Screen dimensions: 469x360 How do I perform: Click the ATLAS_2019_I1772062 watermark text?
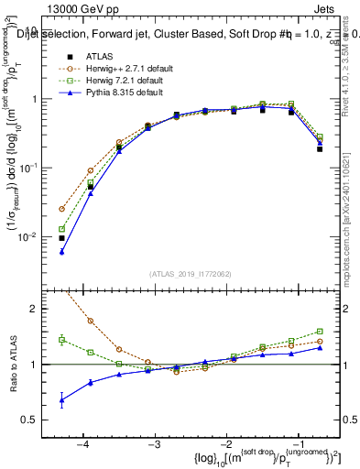point(189,274)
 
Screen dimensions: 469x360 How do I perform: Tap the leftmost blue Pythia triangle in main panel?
point(61,252)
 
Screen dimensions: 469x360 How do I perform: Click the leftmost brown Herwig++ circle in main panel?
point(61,209)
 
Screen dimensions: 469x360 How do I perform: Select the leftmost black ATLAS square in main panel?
point(61,238)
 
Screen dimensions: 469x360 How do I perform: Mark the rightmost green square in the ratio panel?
point(320,332)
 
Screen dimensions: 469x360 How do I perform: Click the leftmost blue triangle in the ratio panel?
point(61,399)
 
